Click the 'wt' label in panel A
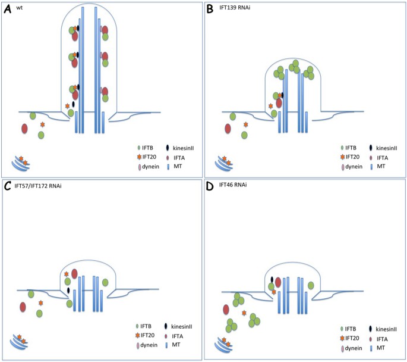coord(20,8)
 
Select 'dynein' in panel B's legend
coord(356,167)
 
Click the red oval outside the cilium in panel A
coord(25,129)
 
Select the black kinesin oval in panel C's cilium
coord(69,290)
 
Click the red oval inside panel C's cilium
coord(74,274)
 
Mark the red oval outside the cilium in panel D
coord(226,310)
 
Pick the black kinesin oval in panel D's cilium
coord(272,279)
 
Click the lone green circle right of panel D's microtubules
coord(311,285)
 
